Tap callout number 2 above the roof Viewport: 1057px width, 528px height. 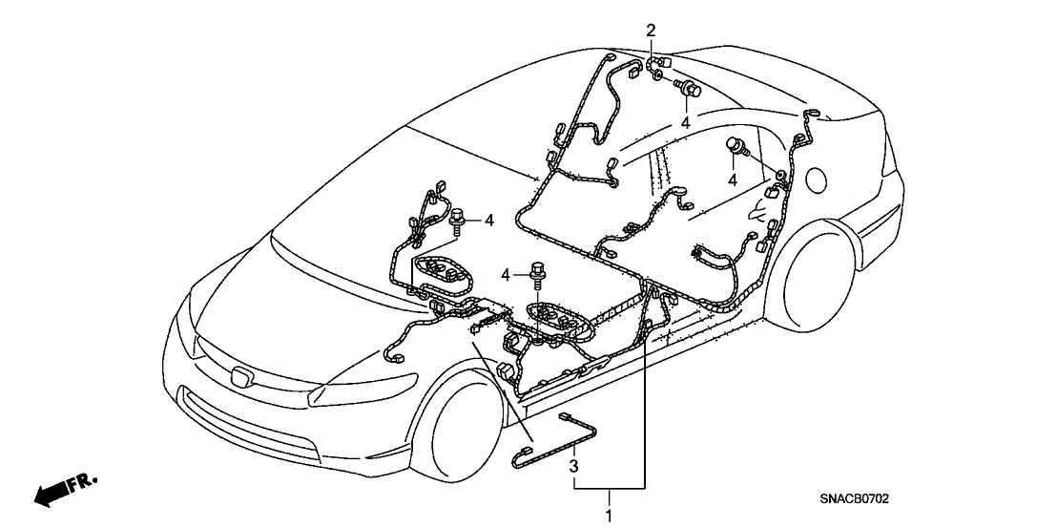[x=651, y=31]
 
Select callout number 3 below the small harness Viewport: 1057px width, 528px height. [x=574, y=467]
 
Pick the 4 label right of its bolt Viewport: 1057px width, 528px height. [x=489, y=221]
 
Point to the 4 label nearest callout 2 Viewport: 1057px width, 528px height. [x=685, y=123]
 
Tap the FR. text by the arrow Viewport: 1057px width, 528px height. [x=84, y=482]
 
